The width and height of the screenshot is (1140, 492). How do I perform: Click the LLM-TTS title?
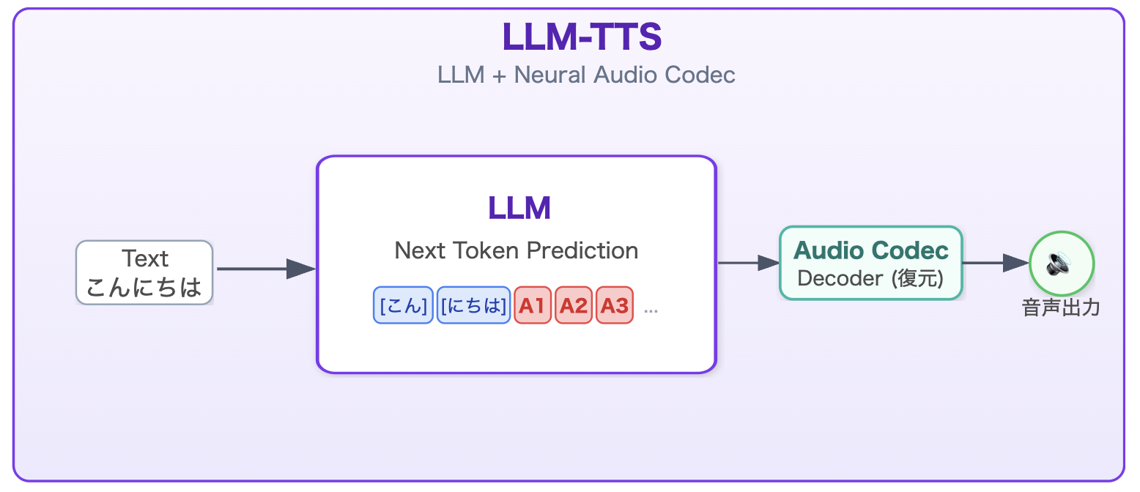tap(582, 37)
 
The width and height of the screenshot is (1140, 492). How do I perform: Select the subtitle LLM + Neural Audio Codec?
tap(586, 75)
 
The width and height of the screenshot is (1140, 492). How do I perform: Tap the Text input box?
tap(144, 272)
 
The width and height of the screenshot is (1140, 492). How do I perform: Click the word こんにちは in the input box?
tap(144, 286)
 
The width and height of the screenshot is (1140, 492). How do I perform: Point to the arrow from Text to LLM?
tap(265, 269)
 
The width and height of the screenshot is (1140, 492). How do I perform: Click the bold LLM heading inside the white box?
tap(519, 209)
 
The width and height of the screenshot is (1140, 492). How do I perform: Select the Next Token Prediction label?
tap(517, 250)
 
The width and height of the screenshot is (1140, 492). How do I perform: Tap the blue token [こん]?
tap(403, 305)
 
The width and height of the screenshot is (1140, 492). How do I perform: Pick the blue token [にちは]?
tap(473, 305)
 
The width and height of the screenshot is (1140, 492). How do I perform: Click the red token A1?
tap(533, 305)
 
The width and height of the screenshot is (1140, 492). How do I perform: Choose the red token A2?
tap(574, 305)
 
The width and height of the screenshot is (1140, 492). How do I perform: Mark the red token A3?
tap(615, 305)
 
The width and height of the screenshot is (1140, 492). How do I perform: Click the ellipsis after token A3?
tap(651, 310)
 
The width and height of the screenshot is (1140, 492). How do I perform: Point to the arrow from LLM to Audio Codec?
tap(747, 262)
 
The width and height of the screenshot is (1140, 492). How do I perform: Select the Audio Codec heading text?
tap(871, 250)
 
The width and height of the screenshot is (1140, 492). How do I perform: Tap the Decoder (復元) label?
tap(870, 278)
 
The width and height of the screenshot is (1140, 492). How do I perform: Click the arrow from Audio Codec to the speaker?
tap(995, 262)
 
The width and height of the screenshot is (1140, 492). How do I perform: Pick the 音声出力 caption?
tap(1061, 308)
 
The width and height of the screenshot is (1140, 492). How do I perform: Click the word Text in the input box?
tap(145, 258)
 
